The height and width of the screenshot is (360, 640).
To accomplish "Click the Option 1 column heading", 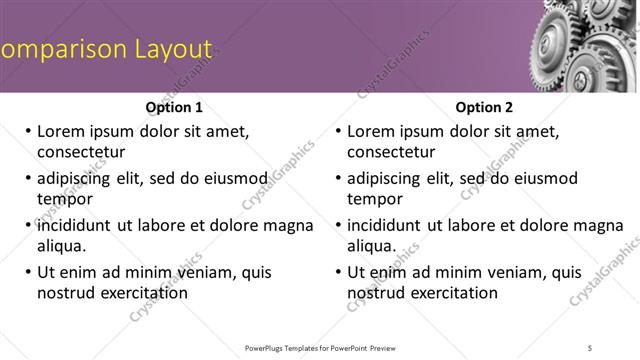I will pos(174,107).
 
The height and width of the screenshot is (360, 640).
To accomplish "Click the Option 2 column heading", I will pos(484,107).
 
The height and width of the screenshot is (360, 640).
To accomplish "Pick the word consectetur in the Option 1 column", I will pos(81,152).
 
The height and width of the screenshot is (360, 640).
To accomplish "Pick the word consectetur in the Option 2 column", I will pos(391,152).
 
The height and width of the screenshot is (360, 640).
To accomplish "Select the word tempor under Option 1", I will pos(65,200).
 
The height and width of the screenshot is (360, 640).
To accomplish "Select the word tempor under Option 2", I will pos(375,200).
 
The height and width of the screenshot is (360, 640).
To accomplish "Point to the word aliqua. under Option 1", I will pos(62,246).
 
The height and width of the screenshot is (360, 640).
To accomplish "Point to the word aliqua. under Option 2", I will pos(372,246).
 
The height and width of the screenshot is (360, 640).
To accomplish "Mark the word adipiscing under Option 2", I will pos(387,178).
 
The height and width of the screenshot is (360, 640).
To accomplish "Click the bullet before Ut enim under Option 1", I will pos(27,272).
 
